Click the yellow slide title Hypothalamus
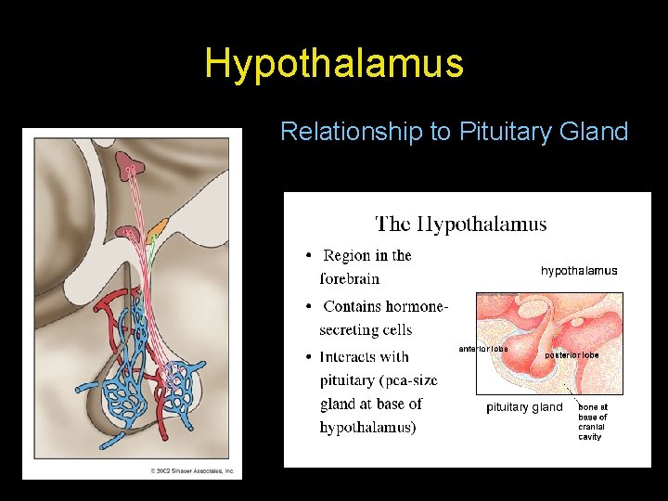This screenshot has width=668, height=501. (333, 63)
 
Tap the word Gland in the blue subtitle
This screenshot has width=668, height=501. (594, 132)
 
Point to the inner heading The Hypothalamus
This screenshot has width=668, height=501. (460, 225)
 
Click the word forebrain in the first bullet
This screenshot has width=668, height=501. (349, 278)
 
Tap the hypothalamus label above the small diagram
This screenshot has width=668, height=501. (579, 271)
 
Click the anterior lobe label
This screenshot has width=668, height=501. (483, 349)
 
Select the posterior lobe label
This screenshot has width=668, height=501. (572, 354)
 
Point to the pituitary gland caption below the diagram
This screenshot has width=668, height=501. (524, 407)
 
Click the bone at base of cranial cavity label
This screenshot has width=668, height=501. (592, 421)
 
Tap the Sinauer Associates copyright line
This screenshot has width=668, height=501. (193, 471)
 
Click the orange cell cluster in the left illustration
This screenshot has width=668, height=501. (160, 225)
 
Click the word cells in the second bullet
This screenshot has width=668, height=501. (393, 329)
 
